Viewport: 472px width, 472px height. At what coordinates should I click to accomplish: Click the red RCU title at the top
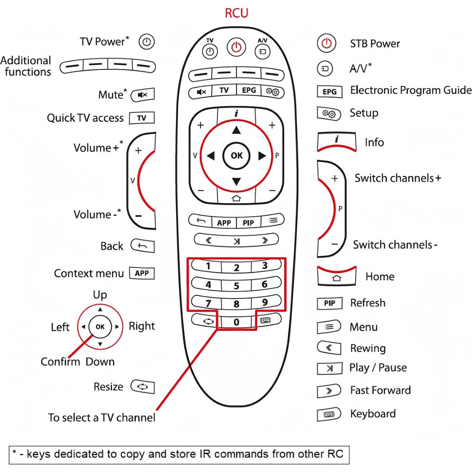(x=236, y=13)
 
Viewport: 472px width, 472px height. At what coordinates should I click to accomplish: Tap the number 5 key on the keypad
(x=236, y=286)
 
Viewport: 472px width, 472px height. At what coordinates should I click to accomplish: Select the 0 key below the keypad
(x=236, y=322)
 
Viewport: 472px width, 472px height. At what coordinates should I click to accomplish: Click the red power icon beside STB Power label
(x=326, y=43)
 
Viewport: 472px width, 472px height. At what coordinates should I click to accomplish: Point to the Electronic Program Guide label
(x=411, y=90)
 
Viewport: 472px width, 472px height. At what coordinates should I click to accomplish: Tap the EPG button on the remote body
(x=249, y=90)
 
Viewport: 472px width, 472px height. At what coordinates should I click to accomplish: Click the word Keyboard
(x=373, y=414)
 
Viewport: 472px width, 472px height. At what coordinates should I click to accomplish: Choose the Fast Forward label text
(x=380, y=390)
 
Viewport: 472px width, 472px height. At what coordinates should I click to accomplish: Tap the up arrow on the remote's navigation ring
(x=236, y=130)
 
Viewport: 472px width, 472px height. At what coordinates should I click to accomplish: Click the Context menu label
(x=89, y=273)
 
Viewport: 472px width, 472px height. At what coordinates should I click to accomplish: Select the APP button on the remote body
(x=224, y=223)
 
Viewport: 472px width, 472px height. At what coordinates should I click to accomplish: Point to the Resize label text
(x=108, y=387)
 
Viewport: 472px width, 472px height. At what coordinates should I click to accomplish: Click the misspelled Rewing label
(x=368, y=348)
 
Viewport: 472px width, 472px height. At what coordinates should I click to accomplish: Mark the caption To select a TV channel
(x=102, y=417)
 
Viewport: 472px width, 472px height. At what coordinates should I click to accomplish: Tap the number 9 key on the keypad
(x=265, y=303)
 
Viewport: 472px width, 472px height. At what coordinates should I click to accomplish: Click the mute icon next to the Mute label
(x=143, y=95)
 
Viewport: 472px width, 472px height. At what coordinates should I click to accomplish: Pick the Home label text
(x=380, y=277)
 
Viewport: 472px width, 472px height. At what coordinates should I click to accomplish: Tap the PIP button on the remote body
(x=248, y=223)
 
